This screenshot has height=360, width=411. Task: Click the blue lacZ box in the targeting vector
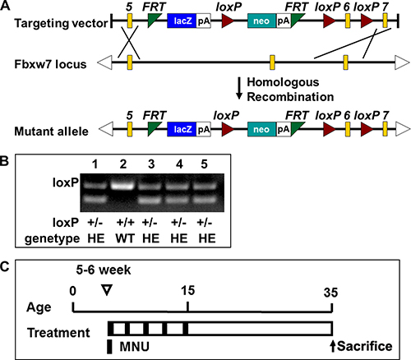(x=182, y=21)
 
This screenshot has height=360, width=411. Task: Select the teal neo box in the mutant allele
(x=261, y=129)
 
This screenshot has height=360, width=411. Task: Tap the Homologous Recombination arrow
(x=239, y=88)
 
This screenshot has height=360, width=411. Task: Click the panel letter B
(x=4, y=161)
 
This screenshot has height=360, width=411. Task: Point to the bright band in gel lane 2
(x=122, y=187)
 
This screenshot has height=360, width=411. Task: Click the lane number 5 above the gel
(x=204, y=164)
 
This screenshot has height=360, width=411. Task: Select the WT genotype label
(x=125, y=238)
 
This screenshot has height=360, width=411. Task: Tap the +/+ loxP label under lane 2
(x=125, y=222)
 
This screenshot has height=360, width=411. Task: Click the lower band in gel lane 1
(x=95, y=200)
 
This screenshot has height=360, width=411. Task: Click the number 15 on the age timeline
(x=187, y=291)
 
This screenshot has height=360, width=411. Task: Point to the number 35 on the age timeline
(x=330, y=293)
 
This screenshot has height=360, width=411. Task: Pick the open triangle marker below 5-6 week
(x=107, y=290)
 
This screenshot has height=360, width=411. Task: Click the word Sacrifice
(x=365, y=346)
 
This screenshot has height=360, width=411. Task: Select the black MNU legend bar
(x=109, y=347)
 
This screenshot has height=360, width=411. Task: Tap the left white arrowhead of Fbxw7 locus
(x=104, y=62)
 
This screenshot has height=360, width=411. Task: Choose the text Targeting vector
(x=61, y=23)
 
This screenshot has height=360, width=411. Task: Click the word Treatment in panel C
(x=58, y=333)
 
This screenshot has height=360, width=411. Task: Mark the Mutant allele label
(x=51, y=132)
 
